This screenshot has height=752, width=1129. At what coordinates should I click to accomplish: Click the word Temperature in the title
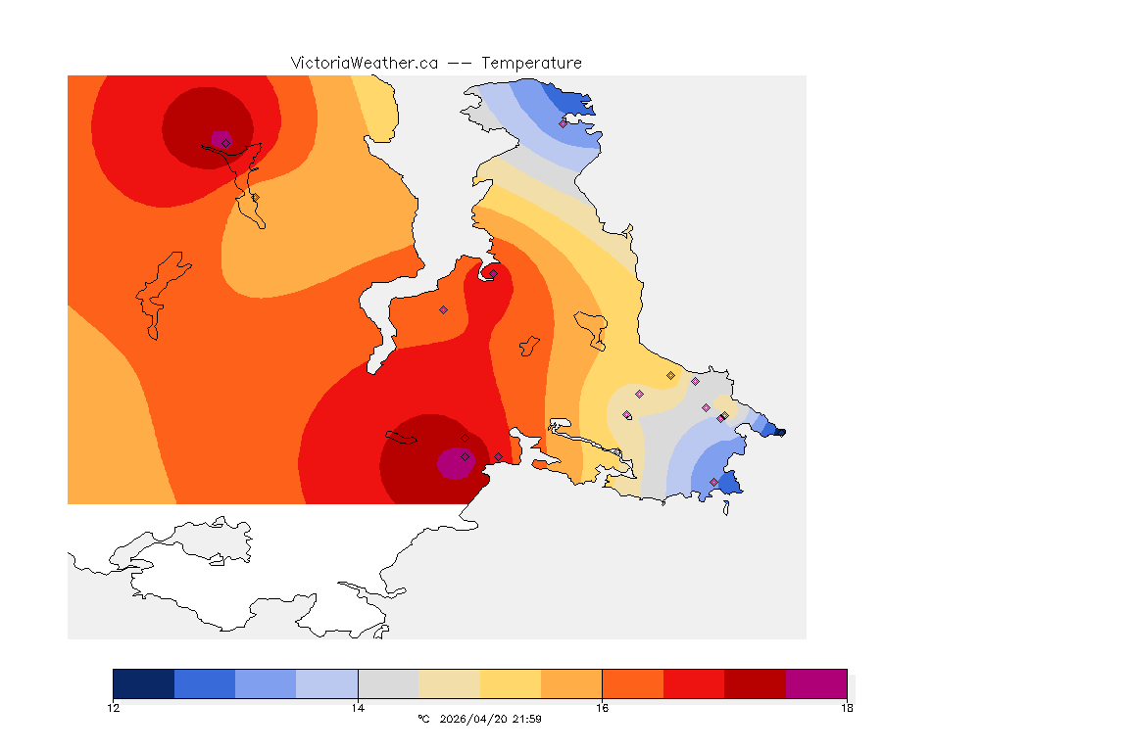531,63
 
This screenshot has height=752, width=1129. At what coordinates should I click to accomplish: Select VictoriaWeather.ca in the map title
364,63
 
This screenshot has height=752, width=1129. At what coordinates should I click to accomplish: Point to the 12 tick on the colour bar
114,707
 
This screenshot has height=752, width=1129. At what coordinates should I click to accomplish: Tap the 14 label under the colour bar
358,707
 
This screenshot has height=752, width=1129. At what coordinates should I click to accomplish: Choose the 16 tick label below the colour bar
602,707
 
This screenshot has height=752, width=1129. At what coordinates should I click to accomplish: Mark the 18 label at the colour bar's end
847,707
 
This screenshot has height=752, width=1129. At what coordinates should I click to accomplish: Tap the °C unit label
423,719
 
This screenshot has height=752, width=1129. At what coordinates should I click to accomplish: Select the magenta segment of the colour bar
816,683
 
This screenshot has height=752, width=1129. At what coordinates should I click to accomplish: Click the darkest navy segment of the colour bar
144,683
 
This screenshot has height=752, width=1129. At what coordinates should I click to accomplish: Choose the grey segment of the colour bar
388,683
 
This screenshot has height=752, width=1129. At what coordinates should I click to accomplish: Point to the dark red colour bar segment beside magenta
756,683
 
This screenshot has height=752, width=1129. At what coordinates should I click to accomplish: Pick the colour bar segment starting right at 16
633,683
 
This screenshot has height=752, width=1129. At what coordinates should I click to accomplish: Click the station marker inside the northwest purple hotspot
225,143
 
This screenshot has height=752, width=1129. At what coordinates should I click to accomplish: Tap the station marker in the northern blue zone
564,123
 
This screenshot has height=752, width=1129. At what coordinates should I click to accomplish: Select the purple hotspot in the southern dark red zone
453,463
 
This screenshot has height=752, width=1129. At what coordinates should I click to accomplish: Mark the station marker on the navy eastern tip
779,432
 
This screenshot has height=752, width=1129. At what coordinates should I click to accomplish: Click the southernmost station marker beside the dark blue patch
713,482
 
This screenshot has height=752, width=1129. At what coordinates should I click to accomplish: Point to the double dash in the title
460,63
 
